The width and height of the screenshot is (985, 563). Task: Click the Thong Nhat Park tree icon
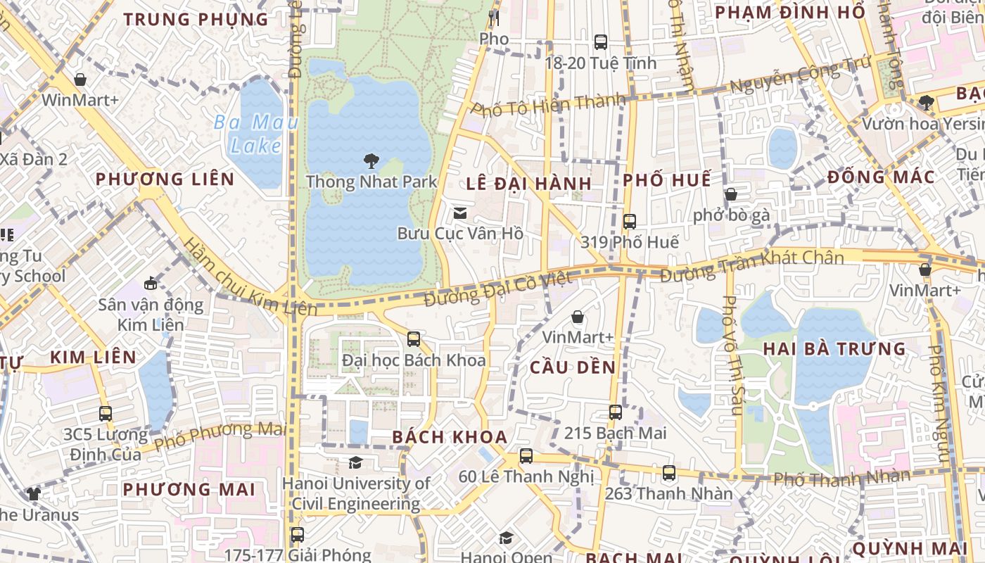pyautogui.click(x=371, y=161)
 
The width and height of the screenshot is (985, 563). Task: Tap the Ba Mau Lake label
pyautogui.click(x=247, y=134)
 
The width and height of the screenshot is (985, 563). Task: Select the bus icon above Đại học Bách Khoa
pyautogui.click(x=414, y=339)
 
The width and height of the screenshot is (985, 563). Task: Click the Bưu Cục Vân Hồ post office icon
pyautogui.click(x=460, y=213)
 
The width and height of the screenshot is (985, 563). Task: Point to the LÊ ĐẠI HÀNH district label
pyautogui.click(x=528, y=184)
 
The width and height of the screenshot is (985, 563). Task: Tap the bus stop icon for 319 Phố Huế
pyautogui.click(x=629, y=221)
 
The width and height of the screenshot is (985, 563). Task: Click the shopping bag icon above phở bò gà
pyautogui.click(x=731, y=194)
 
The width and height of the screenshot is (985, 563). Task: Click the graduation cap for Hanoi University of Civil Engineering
pyautogui.click(x=355, y=462)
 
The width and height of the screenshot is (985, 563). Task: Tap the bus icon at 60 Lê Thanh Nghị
pyautogui.click(x=526, y=455)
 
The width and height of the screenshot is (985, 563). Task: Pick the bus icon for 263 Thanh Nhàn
pyautogui.click(x=668, y=472)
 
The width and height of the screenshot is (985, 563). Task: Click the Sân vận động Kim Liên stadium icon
pyautogui.click(x=150, y=284)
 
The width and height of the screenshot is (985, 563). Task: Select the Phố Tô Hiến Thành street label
pyautogui.click(x=548, y=105)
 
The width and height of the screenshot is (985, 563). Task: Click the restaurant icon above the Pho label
pyautogui.click(x=493, y=18)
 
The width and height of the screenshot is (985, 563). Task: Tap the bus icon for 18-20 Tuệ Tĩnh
pyautogui.click(x=600, y=42)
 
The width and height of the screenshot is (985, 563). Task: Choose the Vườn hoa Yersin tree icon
pyautogui.click(x=926, y=103)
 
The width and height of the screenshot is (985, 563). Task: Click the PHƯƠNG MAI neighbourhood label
pyautogui.click(x=188, y=489)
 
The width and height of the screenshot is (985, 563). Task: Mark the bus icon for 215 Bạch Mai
pyautogui.click(x=615, y=412)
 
